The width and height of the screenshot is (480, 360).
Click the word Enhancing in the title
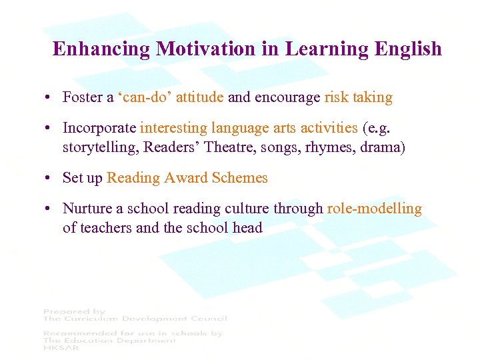pos(101,49)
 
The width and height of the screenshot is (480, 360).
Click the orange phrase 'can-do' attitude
pos(171,97)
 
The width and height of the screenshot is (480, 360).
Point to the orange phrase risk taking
pos(358,97)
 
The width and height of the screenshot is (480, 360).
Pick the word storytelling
pos(99,147)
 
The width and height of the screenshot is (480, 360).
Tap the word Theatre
pos(231,147)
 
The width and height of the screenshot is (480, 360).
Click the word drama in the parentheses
pos(381,147)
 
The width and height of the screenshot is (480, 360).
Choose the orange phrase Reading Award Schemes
pos(187,178)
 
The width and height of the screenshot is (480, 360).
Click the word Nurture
pos(87,209)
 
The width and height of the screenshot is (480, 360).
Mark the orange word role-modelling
pos(374,209)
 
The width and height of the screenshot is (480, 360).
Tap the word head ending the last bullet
pos(247,227)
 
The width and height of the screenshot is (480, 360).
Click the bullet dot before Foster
pos(49,98)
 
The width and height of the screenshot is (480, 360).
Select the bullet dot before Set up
pos(49,179)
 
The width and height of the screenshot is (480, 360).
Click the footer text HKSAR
pos(59,348)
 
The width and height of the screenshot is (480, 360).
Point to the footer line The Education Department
pos(109,340)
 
